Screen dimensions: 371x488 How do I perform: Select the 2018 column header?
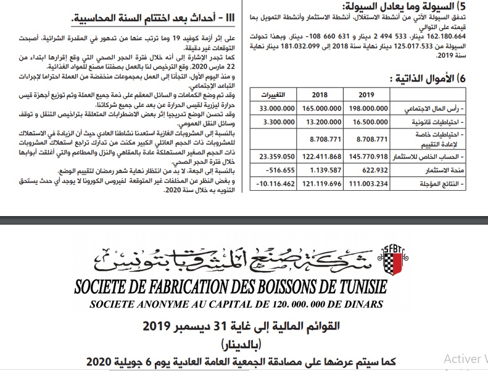pyautogui.click(x=320, y=94)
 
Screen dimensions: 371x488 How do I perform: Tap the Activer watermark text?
pyautogui.click(x=465, y=359)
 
